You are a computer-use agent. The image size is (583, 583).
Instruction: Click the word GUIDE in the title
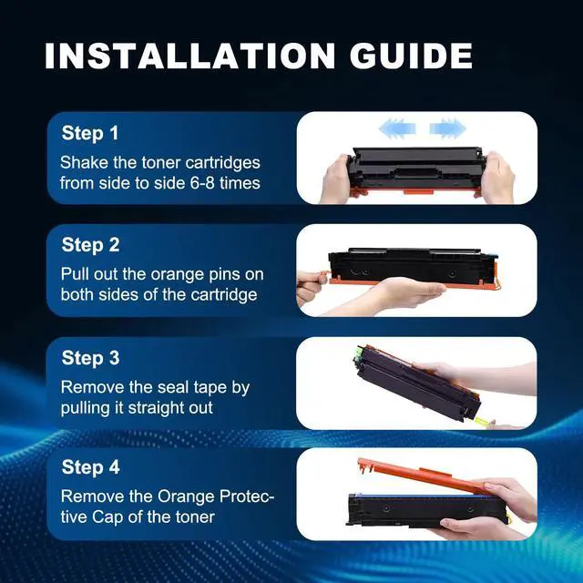click(x=411, y=56)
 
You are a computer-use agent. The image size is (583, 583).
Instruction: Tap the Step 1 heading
click(x=90, y=134)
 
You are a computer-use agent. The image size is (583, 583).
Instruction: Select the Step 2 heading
click(x=90, y=245)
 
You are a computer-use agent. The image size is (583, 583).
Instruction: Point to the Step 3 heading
click(x=90, y=358)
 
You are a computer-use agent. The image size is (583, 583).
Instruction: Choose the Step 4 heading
click(x=90, y=467)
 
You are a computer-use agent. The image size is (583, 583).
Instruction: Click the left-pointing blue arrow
click(x=396, y=128)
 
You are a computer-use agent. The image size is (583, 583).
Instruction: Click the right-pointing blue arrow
click(x=447, y=128)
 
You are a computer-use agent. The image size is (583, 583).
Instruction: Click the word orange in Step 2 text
click(x=178, y=275)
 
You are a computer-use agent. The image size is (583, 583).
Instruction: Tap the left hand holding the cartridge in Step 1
click(x=336, y=179)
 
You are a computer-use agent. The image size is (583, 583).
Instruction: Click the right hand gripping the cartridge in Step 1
click(x=497, y=178)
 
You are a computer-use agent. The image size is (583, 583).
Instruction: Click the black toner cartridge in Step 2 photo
click(x=414, y=266)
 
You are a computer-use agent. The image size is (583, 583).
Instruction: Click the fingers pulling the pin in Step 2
click(x=310, y=285)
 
